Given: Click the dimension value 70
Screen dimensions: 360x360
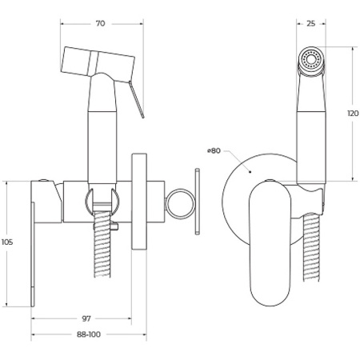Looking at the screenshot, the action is (100, 23).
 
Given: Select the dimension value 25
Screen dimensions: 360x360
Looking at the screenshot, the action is (310, 23).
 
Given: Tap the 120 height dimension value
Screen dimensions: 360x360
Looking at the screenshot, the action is (353, 114).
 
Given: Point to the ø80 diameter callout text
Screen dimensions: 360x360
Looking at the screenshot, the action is (214, 150).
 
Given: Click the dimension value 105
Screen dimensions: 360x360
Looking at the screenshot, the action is (7, 242).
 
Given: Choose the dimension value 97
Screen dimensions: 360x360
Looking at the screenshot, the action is (86, 318).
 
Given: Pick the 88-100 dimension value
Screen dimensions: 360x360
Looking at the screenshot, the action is (89, 334).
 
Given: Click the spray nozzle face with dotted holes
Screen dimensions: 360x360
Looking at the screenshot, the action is (310, 59).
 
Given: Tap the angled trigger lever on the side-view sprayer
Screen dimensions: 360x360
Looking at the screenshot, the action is (136, 99).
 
